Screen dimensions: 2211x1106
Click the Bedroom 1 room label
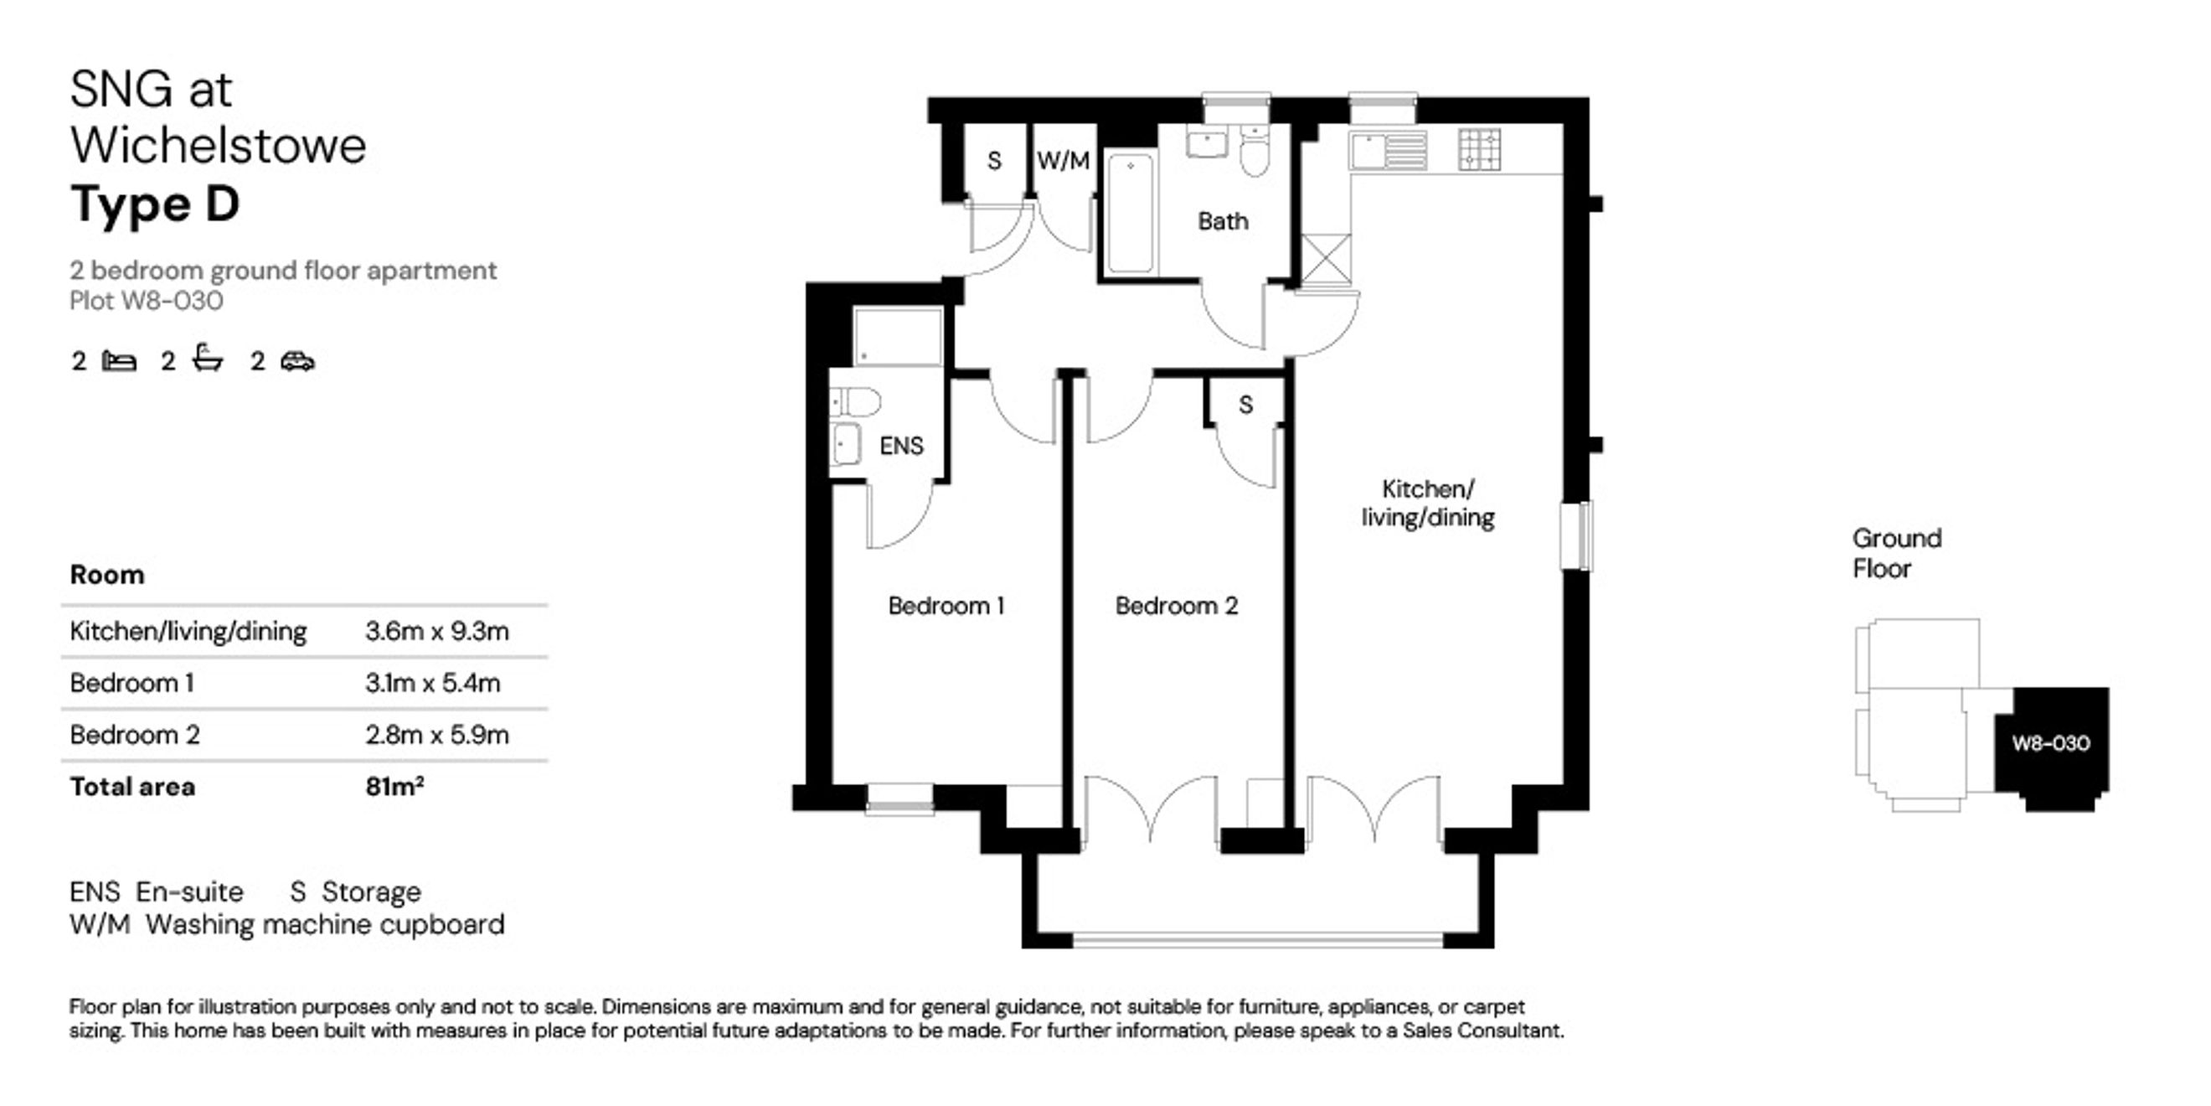946,607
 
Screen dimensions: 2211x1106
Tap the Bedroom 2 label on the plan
1176,607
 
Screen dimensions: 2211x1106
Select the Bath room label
1222,221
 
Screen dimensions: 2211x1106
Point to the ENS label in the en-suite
901,446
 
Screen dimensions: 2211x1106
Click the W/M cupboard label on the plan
1063,161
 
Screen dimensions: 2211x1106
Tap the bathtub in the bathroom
1130,213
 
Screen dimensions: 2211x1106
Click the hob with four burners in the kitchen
1480,148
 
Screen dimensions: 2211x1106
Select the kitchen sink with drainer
1388,150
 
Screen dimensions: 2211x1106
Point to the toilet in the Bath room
1254,150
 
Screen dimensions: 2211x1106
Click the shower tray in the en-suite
898,337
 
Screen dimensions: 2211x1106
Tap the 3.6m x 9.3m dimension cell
437,632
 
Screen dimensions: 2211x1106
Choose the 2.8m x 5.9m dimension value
437,735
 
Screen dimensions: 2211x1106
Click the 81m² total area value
394,786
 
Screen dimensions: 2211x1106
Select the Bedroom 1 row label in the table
131,684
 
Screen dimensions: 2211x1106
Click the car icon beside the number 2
297,361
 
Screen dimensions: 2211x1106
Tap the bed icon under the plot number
118,361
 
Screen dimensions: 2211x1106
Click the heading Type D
154,204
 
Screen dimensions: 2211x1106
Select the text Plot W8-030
146,302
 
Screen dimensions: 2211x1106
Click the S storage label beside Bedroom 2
1245,405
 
